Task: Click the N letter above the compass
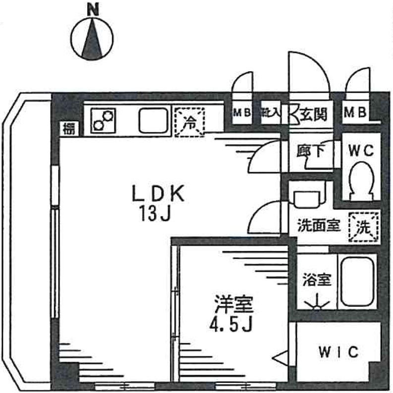click(x=92, y=8)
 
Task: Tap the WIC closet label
click(x=338, y=352)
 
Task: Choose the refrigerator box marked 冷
click(x=189, y=122)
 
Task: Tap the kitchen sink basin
click(x=153, y=120)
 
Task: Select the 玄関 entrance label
click(x=315, y=114)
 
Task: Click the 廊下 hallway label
click(x=311, y=151)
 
